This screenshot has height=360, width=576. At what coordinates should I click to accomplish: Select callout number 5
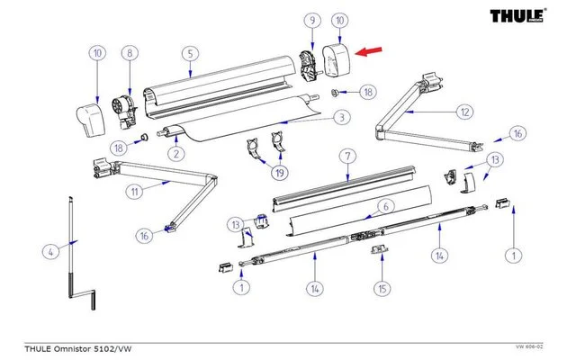(190, 53)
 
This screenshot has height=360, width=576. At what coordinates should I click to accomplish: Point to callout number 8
(130, 53)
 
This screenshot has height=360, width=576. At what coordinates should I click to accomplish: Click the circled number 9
(311, 20)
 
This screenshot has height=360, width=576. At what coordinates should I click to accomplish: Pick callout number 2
(175, 154)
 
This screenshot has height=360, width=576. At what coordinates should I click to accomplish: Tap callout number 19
(280, 172)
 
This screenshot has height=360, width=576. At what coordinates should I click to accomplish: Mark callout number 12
(463, 112)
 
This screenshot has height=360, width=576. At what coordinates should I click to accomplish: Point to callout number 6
(383, 206)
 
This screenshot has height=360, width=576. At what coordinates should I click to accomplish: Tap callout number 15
(382, 290)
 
